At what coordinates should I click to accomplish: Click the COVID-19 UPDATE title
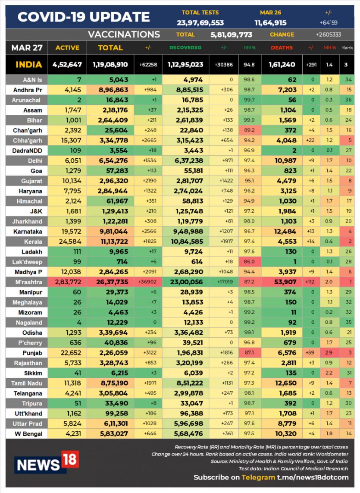pos(84,17)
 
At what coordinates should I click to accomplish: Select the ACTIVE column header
pos(67,48)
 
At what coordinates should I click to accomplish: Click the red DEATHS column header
pos(282,48)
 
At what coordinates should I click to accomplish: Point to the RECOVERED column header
pos(185,48)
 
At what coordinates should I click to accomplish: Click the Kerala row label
pos(33,242)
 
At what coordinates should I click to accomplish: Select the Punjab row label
pos(32,353)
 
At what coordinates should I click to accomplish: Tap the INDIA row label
pos(28,65)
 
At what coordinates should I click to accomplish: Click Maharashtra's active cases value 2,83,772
pos(68,282)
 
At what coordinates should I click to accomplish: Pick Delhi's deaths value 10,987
pos(285,160)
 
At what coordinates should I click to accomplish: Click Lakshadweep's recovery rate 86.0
pos(249,261)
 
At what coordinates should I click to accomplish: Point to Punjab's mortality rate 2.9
pos(329,353)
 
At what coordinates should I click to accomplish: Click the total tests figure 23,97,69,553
pos(200,23)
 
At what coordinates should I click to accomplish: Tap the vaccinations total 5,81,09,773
pos(232,35)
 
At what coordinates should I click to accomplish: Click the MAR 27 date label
pos(27,48)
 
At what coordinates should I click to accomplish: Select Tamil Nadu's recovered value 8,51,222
pos(189,383)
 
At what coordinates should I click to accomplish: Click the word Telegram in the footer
pos(258,477)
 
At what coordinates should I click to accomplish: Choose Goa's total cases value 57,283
pos(117,171)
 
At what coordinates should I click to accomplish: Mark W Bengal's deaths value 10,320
pos(285,434)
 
